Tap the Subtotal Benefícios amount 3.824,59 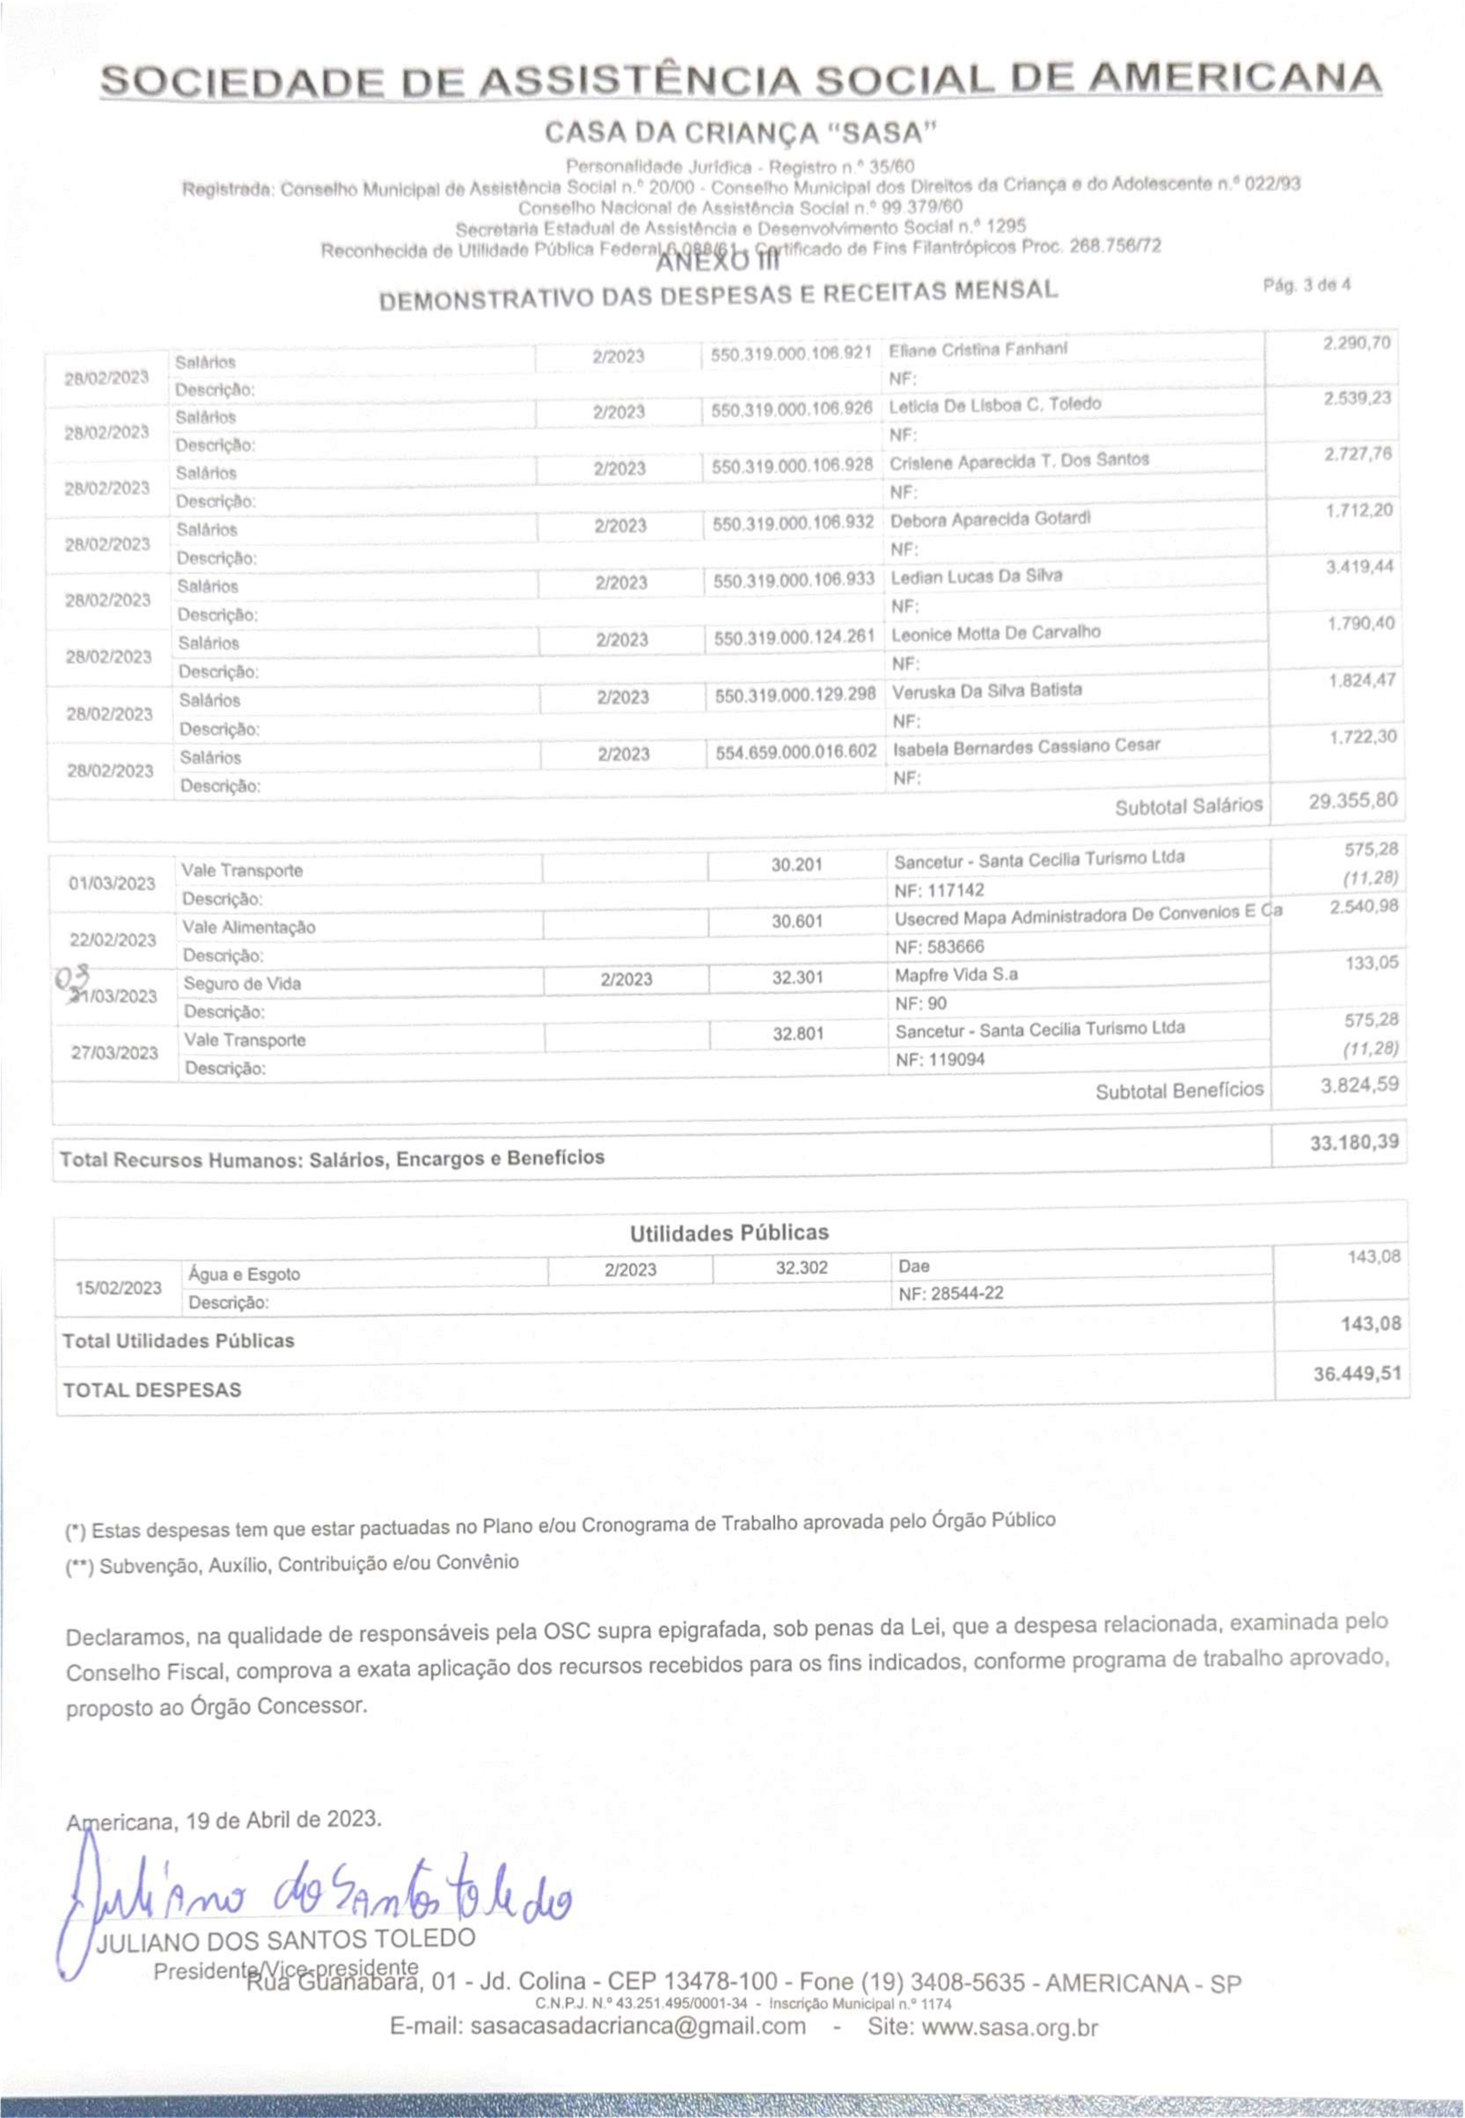[x=1359, y=1085]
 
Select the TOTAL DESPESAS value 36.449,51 [x=1356, y=1374]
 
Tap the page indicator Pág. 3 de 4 [x=1306, y=284]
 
